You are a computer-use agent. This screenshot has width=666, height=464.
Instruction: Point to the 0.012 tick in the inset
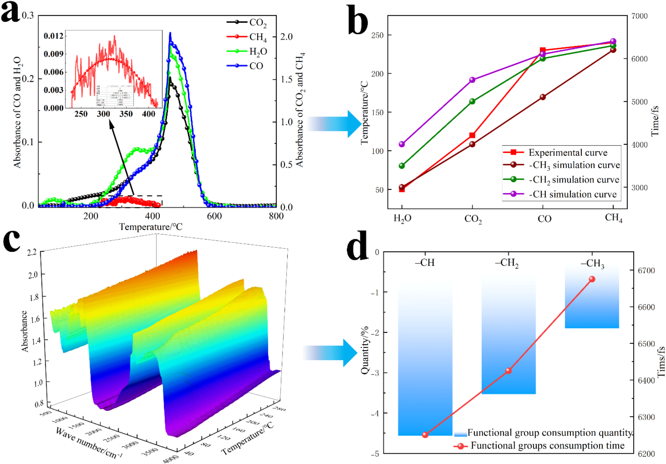click(53, 36)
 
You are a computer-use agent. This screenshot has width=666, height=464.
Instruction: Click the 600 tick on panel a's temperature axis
click(214, 217)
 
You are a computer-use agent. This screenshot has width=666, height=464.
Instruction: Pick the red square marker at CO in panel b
click(543, 50)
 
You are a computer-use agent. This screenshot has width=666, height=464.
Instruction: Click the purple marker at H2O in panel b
click(402, 144)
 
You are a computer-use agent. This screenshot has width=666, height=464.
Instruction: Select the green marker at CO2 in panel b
click(472, 101)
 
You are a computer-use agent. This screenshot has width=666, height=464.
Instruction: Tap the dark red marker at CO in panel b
click(543, 97)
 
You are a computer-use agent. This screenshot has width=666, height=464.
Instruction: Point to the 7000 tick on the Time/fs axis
click(639, 16)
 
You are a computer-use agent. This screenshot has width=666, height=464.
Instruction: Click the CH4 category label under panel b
click(613, 218)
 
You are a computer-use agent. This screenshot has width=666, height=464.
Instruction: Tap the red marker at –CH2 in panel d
click(508, 371)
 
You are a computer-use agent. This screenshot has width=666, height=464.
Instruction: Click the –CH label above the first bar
click(425, 263)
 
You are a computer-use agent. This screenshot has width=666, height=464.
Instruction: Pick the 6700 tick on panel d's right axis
click(646, 271)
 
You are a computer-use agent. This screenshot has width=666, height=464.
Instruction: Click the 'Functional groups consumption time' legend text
click(547, 446)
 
